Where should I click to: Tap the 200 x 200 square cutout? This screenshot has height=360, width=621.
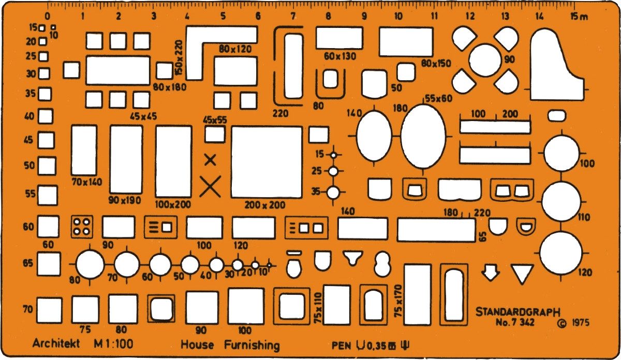click(x=267, y=162)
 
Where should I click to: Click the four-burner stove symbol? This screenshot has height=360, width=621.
click(x=82, y=227)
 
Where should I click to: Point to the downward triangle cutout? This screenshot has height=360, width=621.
click(x=522, y=274)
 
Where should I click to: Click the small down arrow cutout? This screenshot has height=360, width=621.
click(x=491, y=273)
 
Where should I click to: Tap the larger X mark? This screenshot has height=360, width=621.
click(x=210, y=186)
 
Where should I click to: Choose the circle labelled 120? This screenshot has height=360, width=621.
click(x=561, y=253)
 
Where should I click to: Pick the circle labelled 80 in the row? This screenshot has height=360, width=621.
click(x=90, y=265)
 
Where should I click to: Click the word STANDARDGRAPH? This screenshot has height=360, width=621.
click(x=518, y=312)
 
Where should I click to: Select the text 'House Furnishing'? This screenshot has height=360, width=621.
click(x=230, y=345)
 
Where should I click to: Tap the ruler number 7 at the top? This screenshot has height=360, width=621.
click(x=293, y=17)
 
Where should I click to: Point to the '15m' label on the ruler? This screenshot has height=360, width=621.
click(x=579, y=17)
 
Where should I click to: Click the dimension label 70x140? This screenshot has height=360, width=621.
click(x=87, y=182)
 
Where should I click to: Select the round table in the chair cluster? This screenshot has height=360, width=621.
click(x=485, y=60)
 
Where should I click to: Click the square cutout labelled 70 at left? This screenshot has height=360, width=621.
click(x=49, y=310)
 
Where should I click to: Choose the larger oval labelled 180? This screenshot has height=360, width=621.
click(x=423, y=136)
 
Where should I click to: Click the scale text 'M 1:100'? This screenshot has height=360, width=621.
click(x=113, y=344)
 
